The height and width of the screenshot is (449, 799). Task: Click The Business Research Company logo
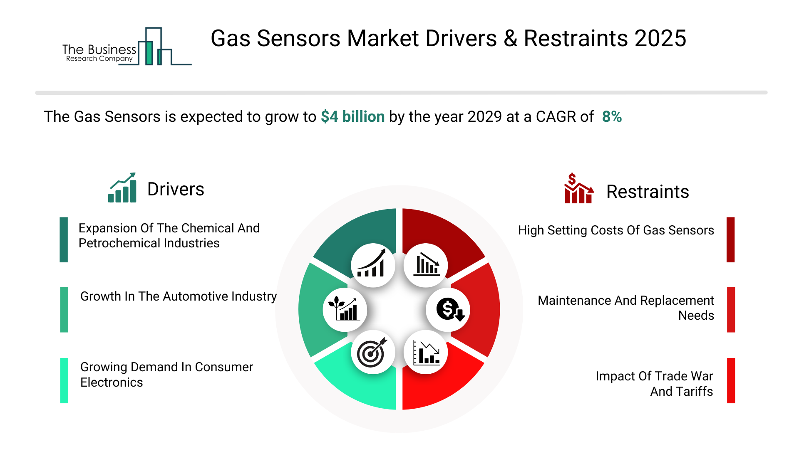pos(127,47)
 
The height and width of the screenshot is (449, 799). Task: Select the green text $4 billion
pos(352,117)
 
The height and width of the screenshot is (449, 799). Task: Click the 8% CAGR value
pos(612,117)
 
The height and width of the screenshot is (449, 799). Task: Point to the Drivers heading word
pos(176,189)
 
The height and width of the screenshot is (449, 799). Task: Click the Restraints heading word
pos(648,192)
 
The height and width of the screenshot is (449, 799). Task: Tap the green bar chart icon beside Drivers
pos(122,187)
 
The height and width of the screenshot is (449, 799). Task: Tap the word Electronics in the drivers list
pos(112,382)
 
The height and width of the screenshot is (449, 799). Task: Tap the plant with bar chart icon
pos(344,308)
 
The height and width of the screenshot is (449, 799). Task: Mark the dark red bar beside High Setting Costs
pos(731,239)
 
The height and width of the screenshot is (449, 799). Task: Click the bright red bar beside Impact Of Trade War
pos(731,380)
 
